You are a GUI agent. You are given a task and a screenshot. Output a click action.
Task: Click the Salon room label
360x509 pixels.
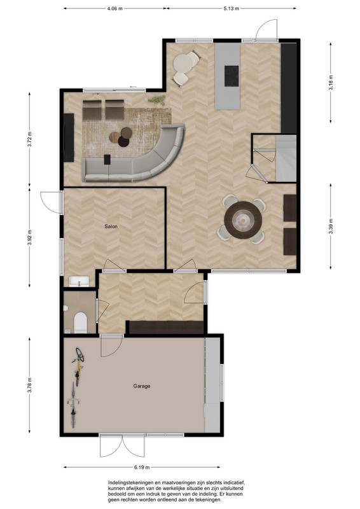tap(111, 227)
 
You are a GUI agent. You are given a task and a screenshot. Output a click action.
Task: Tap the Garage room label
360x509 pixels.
tap(142, 386)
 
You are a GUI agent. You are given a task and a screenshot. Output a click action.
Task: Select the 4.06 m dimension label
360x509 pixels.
tap(114, 9)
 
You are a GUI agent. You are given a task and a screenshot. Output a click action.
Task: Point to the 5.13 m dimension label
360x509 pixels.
tap(231, 9)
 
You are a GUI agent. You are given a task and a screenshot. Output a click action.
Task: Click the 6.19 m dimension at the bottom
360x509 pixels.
tap(142, 468)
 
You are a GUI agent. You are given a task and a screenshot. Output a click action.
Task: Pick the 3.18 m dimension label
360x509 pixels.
tap(331, 83)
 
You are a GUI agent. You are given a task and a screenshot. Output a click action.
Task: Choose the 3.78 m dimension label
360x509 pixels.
tap(29, 385)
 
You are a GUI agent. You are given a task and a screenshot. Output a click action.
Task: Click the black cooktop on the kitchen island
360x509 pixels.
tap(232, 76)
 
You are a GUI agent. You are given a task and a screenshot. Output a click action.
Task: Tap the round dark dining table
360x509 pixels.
tap(243, 220)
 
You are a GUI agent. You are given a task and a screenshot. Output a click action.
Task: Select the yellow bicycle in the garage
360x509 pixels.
tap(78, 366)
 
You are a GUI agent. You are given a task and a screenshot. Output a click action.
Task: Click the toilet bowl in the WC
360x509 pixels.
tap(80, 323)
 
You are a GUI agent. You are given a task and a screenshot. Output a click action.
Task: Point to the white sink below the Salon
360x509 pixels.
tap(79, 281)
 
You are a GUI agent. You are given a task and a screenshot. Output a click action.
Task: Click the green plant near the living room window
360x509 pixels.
tap(157, 100)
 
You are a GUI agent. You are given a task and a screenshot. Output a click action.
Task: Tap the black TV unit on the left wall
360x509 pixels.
tap(69, 137)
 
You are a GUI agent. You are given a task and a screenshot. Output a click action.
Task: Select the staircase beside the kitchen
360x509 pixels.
tap(286, 158)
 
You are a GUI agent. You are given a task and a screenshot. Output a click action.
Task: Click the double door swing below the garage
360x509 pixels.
tap(122, 446)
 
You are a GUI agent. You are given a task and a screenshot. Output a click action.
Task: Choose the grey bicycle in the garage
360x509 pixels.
tap(73, 405)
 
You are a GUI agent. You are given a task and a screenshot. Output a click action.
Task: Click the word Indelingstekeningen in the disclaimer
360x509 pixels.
tap(128, 482)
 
